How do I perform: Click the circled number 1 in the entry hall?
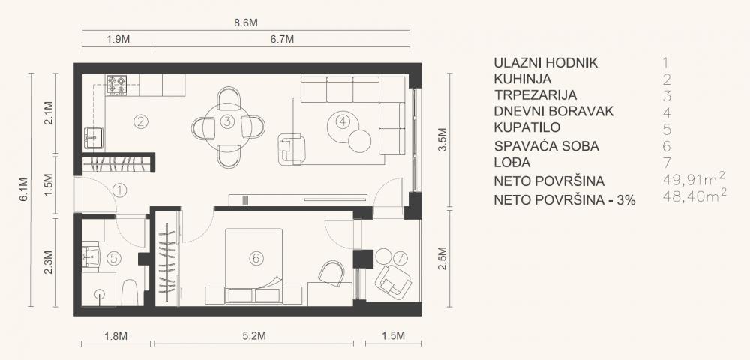pyautogui.click(x=118, y=190)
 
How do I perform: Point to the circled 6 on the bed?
pyautogui.click(x=256, y=258)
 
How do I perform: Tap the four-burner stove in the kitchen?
pyautogui.click(x=117, y=85)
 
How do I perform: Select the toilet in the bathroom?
pyautogui.click(x=128, y=292)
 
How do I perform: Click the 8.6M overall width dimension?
pyautogui.click(x=244, y=23)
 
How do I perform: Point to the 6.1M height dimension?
pyautogui.click(x=23, y=189)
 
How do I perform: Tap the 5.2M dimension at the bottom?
pyautogui.click(x=255, y=334)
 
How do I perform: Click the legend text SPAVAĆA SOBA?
pyautogui.click(x=541, y=146)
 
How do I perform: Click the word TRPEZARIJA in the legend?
pyautogui.click(x=535, y=95)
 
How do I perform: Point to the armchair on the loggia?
pyautogui.click(x=393, y=281)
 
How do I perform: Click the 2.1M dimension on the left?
pyautogui.click(x=49, y=112)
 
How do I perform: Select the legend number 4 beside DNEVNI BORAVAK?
pyautogui.click(x=666, y=112)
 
